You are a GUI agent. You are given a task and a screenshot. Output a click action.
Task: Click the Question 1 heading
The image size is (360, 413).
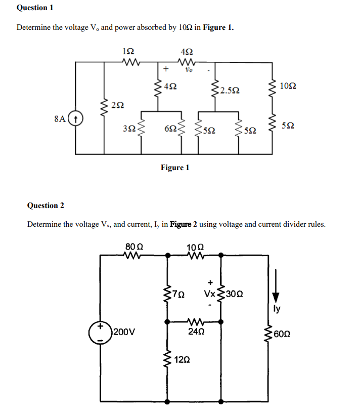point(35,8)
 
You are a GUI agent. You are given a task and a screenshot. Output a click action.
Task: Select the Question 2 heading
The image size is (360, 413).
point(46,205)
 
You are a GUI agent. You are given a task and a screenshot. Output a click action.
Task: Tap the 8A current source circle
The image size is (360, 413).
point(75,119)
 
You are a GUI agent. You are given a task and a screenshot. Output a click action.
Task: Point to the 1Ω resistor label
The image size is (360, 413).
point(129,51)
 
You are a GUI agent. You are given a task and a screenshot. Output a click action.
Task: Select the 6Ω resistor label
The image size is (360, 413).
point(170,129)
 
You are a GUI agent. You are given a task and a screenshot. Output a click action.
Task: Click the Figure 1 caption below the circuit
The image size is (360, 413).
point(175,167)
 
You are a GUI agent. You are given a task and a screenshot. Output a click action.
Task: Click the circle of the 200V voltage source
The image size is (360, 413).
point(100,333)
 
